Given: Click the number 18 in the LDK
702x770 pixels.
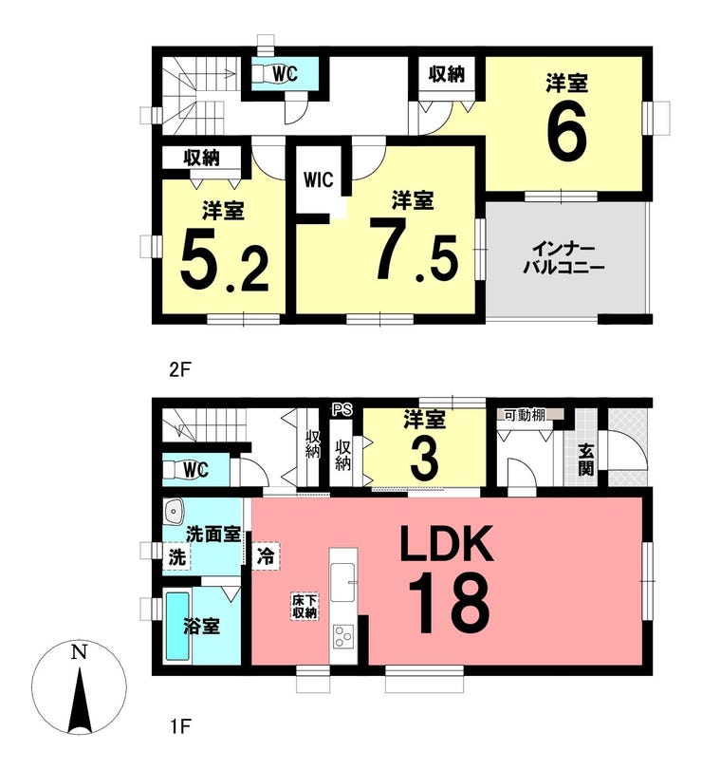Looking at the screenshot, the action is pyautogui.click(x=449, y=603).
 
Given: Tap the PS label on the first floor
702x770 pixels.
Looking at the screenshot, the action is pyautogui.click(x=342, y=410).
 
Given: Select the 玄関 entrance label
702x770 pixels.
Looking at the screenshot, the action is pyautogui.click(x=585, y=460).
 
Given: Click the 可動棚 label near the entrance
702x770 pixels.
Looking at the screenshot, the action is pyautogui.click(x=525, y=415).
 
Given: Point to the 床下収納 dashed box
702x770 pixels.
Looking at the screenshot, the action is pyautogui.click(x=305, y=607).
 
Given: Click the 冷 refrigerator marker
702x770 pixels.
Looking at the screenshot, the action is pyautogui.click(x=266, y=556).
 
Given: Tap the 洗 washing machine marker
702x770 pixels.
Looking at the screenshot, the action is pyautogui.click(x=177, y=557).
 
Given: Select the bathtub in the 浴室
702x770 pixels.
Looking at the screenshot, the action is pyautogui.click(x=177, y=626).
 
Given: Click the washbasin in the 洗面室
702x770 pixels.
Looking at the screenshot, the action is pyautogui.click(x=174, y=512).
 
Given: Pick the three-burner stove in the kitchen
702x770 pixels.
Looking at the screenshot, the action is pyautogui.click(x=342, y=638).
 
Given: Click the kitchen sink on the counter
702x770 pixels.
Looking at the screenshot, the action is pyautogui.click(x=342, y=582).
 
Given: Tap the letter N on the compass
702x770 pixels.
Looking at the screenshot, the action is pyautogui.click(x=79, y=652).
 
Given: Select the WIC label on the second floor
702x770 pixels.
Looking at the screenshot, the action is pyautogui.click(x=319, y=179).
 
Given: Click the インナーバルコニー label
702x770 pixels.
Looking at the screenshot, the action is pyautogui.click(x=563, y=258).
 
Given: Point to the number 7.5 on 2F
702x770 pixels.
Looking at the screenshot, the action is pyautogui.click(x=415, y=250).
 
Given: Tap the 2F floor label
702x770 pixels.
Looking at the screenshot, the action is pyautogui.click(x=179, y=369).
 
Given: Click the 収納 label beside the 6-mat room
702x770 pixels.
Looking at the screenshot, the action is pyautogui.click(x=446, y=74).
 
